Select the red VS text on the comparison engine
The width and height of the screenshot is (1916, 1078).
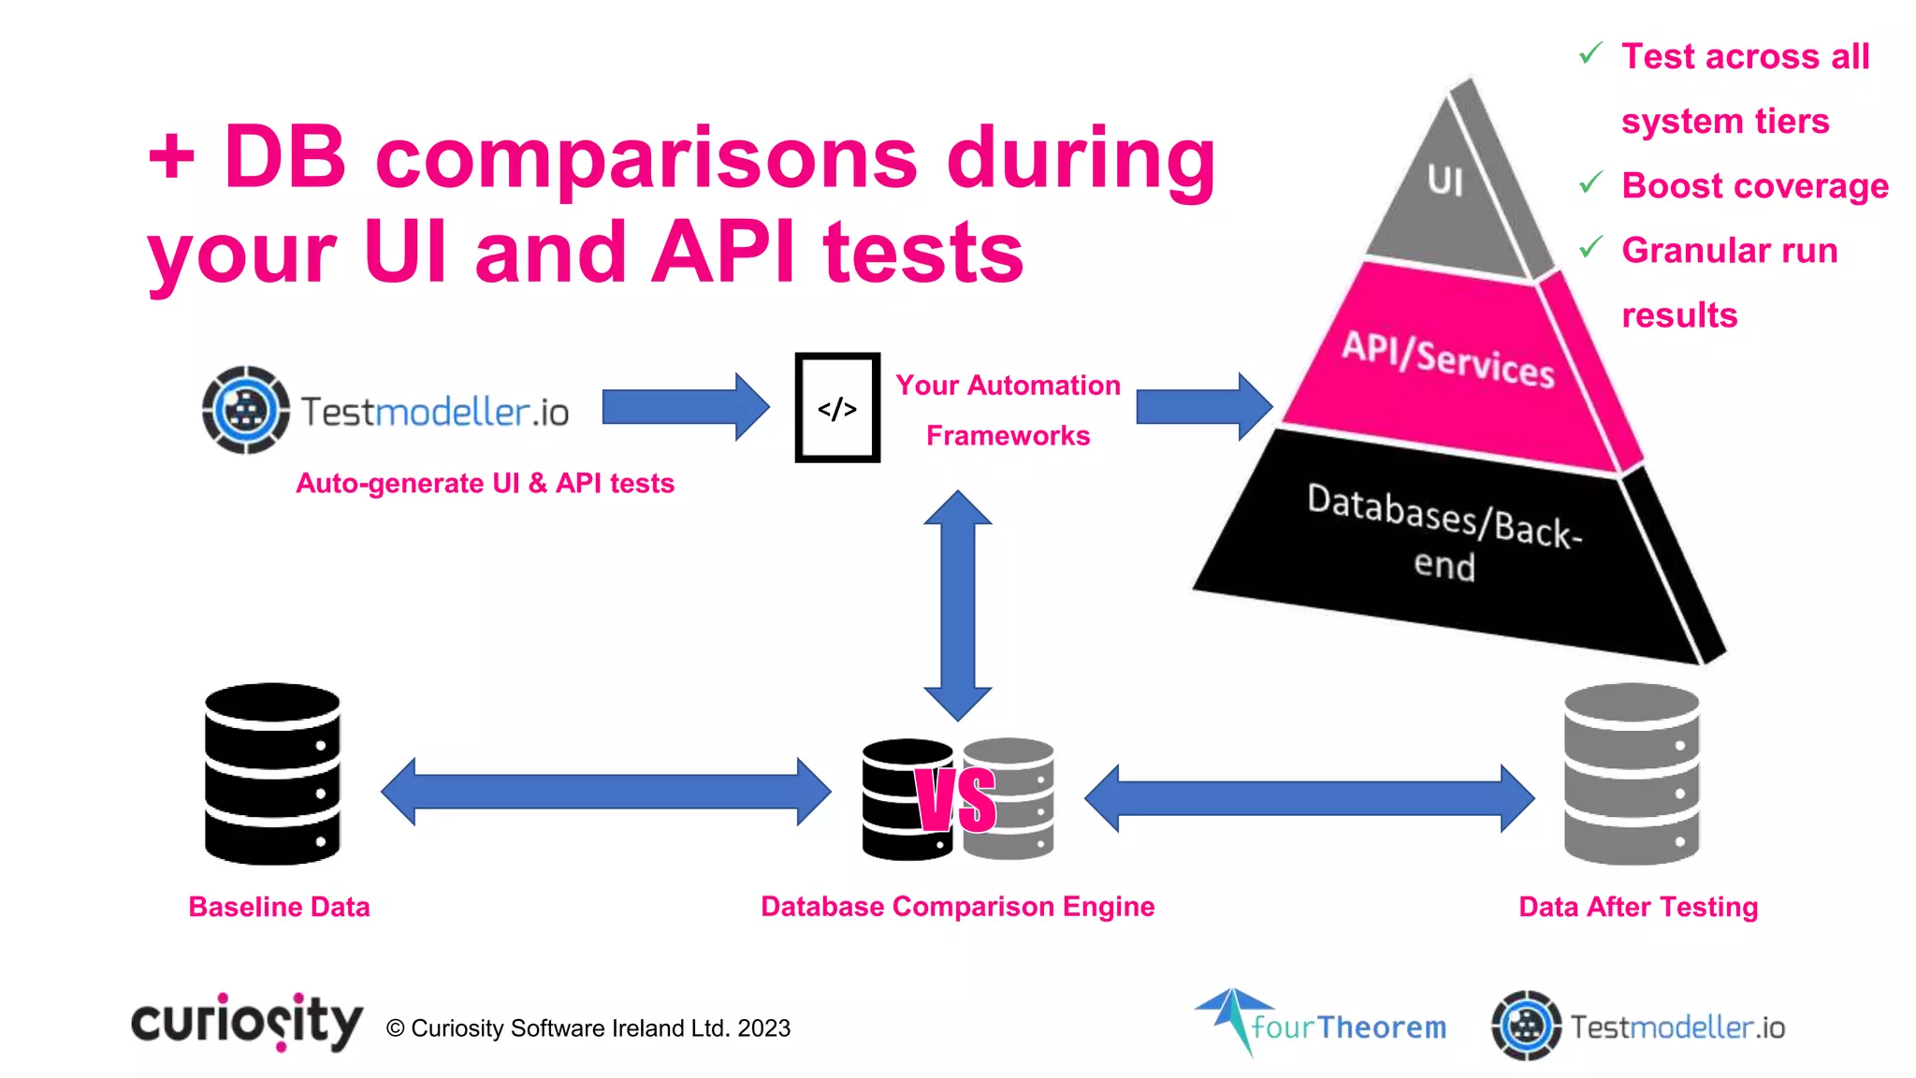click(x=956, y=800)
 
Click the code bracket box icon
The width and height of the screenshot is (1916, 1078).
click(x=837, y=408)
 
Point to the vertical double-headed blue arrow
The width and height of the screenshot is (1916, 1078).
click(x=957, y=605)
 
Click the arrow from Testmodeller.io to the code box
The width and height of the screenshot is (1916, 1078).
click(x=685, y=407)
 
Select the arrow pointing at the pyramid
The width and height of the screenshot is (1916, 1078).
click(x=1203, y=407)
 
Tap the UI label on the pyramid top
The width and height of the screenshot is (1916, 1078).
click(x=1445, y=181)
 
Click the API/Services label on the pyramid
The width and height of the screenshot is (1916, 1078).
click(x=1448, y=358)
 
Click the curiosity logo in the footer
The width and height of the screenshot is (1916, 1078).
click(x=246, y=1022)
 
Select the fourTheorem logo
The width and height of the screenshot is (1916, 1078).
click(x=1321, y=1024)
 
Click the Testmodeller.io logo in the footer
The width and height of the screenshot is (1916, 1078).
click(x=1638, y=1027)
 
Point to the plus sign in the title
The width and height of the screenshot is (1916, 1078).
click(x=171, y=155)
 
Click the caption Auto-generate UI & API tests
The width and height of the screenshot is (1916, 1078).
click(x=485, y=483)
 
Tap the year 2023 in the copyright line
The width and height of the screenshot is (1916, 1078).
click(x=763, y=1028)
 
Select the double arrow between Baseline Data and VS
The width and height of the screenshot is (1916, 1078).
click(x=605, y=792)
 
